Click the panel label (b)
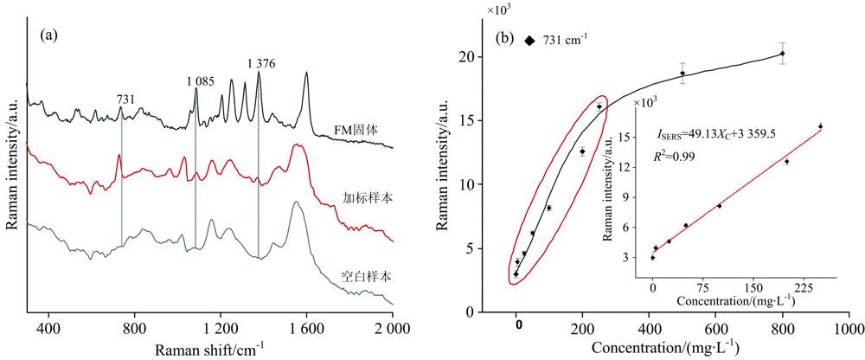(x=505, y=39)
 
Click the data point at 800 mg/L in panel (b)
(x=782, y=54)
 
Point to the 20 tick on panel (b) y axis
(x=467, y=57)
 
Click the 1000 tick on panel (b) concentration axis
(x=848, y=329)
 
